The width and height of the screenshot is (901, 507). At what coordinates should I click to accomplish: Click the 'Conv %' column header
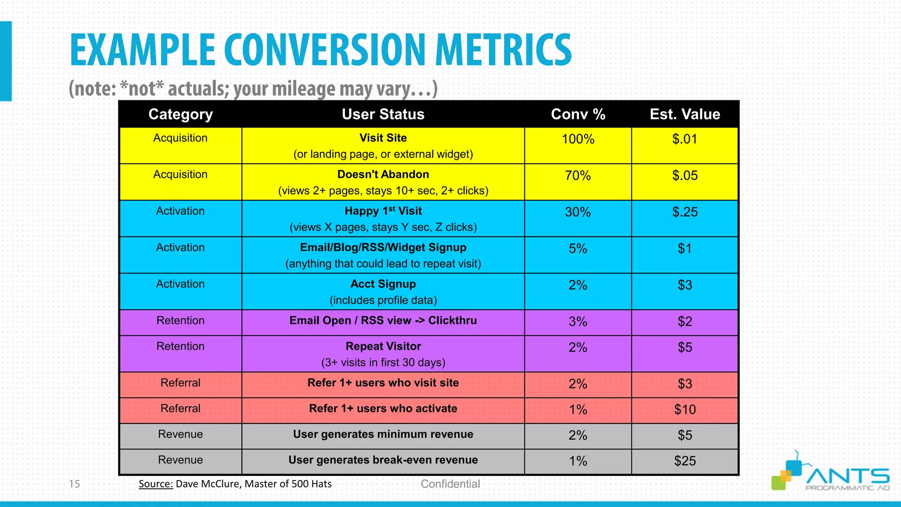tap(578, 114)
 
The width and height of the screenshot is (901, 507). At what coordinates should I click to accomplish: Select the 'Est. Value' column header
tap(685, 114)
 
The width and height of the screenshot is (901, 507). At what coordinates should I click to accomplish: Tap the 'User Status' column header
tap(383, 114)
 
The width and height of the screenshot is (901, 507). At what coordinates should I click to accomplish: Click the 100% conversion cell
tap(578, 139)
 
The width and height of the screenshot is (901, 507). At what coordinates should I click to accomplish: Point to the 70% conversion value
tap(578, 176)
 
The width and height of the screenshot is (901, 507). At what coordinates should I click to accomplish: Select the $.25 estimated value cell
tap(685, 212)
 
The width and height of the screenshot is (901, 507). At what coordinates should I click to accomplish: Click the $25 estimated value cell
tap(685, 461)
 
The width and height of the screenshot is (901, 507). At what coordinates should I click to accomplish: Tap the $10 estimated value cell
tap(685, 410)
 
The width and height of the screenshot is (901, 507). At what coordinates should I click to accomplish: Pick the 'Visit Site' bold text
tap(383, 138)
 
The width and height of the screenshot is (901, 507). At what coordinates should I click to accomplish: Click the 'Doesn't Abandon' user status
tap(383, 175)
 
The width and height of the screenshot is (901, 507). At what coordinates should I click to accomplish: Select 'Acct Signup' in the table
tap(383, 284)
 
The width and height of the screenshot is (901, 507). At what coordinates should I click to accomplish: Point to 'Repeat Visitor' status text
tap(383, 346)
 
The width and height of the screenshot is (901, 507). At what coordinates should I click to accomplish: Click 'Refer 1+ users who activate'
tap(383, 408)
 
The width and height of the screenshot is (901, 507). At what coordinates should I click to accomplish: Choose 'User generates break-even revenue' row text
tap(383, 460)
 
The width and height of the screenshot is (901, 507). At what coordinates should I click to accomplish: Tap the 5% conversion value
tap(578, 249)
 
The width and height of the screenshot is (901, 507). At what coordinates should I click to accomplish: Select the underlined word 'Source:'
tap(156, 484)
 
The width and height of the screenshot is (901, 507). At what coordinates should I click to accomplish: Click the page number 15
tap(74, 484)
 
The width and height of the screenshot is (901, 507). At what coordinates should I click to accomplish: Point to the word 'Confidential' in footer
tap(450, 484)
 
